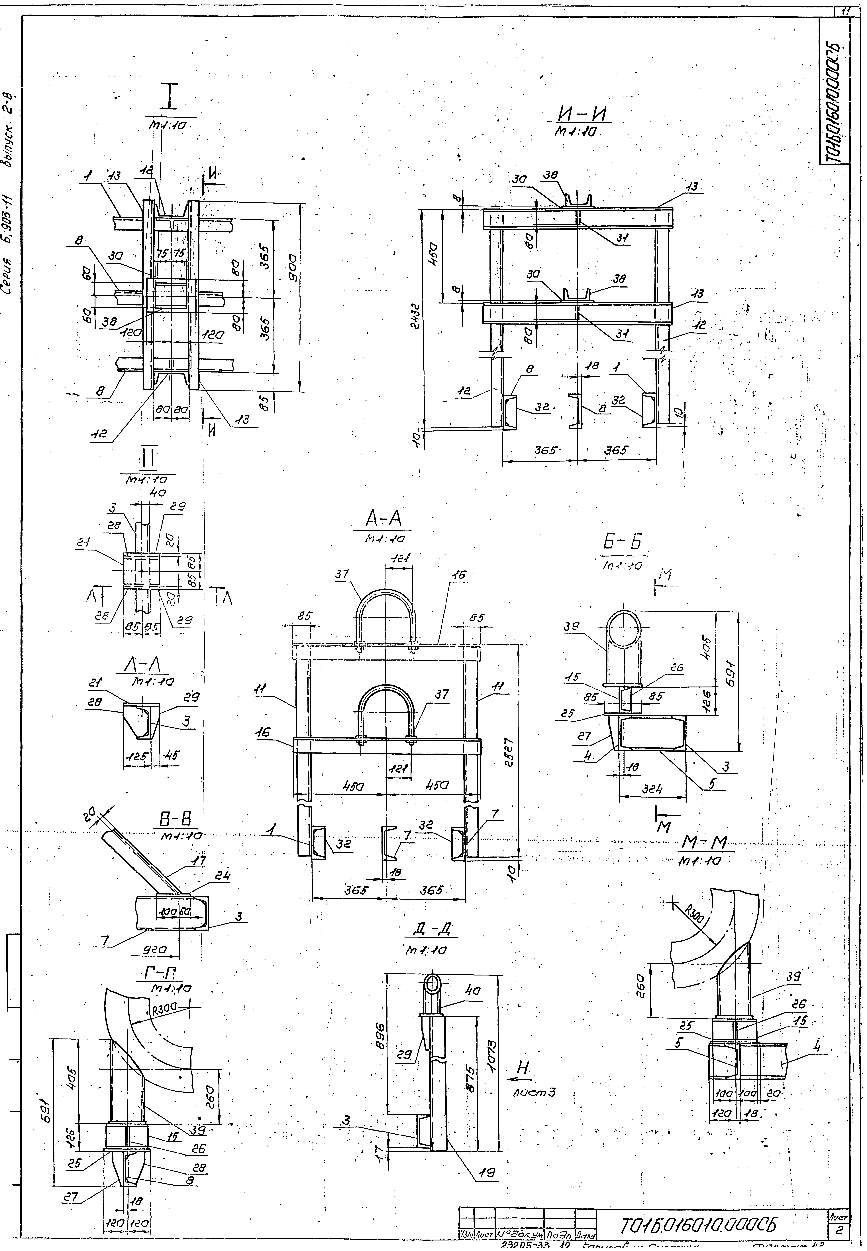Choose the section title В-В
pyautogui.click(x=177, y=821)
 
